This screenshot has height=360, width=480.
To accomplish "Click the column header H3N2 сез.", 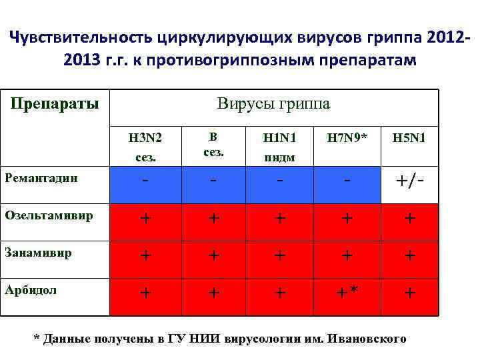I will click(145, 146).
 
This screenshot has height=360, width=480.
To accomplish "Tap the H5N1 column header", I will click(409, 139).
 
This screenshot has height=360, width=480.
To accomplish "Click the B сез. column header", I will click(212, 145).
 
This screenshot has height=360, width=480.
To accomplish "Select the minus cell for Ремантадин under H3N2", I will click(145, 181).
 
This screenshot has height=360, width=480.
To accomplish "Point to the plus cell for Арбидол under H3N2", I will click(145, 293).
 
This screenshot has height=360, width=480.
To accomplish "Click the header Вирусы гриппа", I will click(273, 104).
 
